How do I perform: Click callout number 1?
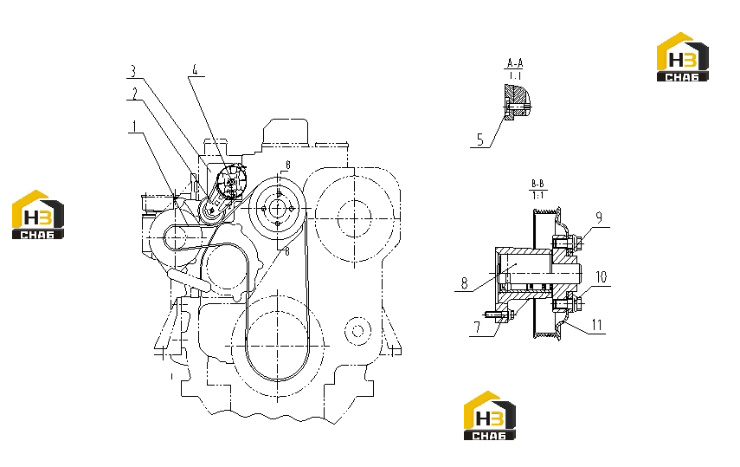135,126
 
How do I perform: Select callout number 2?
134,94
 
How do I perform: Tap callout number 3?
133,71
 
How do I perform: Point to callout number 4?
195,70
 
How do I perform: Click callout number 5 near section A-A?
480,139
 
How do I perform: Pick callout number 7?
477,328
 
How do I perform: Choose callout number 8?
465,283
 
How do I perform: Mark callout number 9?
600,217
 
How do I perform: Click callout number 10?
602,277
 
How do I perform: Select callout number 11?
597,325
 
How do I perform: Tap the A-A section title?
515,63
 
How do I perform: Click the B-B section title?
537,184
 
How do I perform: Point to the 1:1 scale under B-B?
537,195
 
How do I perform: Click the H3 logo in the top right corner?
683,56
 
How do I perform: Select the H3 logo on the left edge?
38,215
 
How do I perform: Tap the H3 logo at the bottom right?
489,416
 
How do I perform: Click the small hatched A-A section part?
517,102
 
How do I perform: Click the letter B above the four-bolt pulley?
287,165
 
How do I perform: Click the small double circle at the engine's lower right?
357,330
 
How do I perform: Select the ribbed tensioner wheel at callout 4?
231,180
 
